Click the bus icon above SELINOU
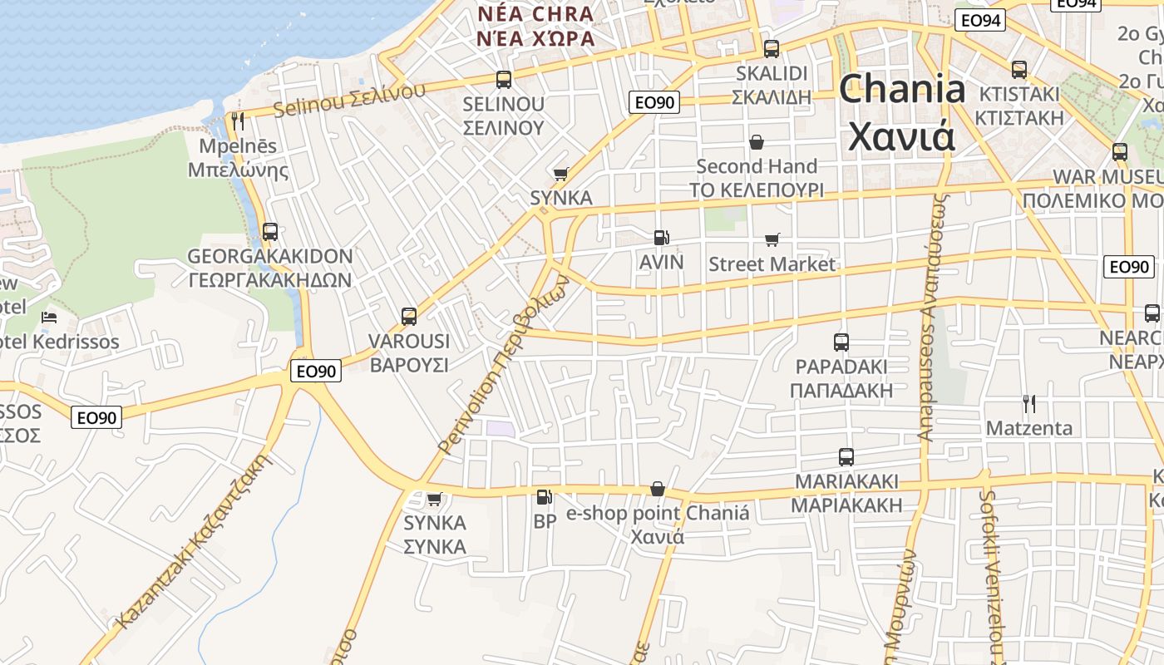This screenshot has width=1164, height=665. (503, 80)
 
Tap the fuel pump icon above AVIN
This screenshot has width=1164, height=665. (661, 238)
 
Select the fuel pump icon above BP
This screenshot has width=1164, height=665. (544, 497)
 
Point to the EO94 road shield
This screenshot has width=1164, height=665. (979, 21)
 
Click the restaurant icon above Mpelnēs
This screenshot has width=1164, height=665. (238, 121)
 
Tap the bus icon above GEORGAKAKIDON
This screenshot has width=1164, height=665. (269, 232)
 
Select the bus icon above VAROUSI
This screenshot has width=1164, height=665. (408, 316)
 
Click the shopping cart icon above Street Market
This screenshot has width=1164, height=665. (772, 240)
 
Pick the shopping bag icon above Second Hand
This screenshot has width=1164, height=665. (757, 142)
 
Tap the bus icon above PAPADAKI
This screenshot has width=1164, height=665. (841, 342)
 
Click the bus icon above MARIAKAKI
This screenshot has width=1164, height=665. (846, 456)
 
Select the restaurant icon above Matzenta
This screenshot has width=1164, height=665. (1028, 404)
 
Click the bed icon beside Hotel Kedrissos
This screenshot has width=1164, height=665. (49, 318)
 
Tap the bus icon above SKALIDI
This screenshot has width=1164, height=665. (771, 49)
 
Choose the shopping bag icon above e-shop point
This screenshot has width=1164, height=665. (658, 488)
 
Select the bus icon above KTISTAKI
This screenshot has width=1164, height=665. (1019, 69)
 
